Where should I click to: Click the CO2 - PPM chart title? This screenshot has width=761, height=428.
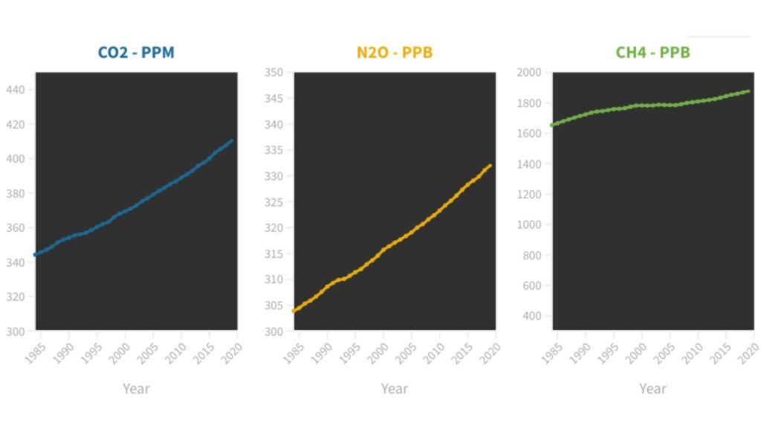click(x=136, y=53)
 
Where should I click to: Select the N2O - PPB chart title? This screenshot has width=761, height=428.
click(x=395, y=53)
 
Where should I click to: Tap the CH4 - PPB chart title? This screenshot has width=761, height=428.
click(x=652, y=53)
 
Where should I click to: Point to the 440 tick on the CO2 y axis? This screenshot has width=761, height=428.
click(x=15, y=90)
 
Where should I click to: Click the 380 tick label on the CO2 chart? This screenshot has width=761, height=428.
click(x=15, y=194)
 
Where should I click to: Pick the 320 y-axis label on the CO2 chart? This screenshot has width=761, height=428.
click(x=15, y=297)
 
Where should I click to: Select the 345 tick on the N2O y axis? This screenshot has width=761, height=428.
click(x=273, y=99)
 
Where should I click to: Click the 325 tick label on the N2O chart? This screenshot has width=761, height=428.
click(x=273, y=202)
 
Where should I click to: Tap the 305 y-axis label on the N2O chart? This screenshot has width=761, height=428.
click(x=273, y=305)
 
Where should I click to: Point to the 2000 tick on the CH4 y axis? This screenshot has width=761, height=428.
click(x=529, y=72)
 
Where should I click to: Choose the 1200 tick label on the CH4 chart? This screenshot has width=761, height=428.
click(x=529, y=195)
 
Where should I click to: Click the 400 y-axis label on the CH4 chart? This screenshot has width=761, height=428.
click(x=532, y=316)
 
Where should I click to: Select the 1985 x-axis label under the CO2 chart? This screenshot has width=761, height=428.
click(x=36, y=353)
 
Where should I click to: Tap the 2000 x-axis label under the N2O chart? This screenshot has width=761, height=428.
click(x=378, y=353)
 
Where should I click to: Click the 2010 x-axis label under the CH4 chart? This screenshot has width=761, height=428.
click(x=692, y=353)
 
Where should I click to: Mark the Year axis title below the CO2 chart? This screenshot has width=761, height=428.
click(x=136, y=389)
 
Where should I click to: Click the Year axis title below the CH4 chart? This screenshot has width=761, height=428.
click(x=652, y=389)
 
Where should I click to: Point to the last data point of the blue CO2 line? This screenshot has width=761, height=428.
click(x=232, y=140)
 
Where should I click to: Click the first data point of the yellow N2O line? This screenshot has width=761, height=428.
click(x=294, y=311)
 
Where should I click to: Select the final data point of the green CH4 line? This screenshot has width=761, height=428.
click(x=748, y=91)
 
